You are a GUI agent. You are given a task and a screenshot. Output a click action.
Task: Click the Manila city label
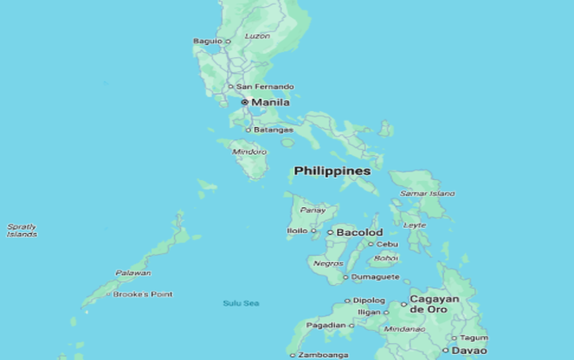coord(271,102)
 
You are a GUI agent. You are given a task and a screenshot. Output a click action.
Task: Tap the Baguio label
coord(207,41)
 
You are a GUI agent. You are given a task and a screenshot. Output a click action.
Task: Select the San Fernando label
coord(265,87)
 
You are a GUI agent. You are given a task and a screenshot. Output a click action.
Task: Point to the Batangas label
coord(273,129)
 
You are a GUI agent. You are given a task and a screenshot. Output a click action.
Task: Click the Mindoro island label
coord(249,152)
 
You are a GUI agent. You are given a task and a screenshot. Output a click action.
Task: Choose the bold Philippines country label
coord(332,171)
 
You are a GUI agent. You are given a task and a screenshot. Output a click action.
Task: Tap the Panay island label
coord(314,210)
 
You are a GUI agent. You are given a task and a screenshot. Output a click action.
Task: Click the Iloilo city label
coord(297,231)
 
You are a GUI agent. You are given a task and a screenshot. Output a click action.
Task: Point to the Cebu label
coord(388,244)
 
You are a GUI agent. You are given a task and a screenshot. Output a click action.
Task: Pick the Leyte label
coord(415,225)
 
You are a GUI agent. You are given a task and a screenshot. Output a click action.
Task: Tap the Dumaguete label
coord(376,277)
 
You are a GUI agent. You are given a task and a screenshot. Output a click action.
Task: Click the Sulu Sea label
coord(241,303)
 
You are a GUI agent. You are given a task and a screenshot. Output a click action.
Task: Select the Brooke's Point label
coord(143,294)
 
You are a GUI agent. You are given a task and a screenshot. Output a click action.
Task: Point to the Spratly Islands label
coord(21,230)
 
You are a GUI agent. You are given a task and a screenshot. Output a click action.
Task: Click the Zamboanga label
coord(321,355)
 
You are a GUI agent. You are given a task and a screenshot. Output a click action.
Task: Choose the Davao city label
coord(469,350)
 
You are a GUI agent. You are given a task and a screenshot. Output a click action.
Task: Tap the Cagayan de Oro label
coord(434,303)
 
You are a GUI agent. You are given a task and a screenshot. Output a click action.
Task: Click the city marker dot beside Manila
coord(244,102)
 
